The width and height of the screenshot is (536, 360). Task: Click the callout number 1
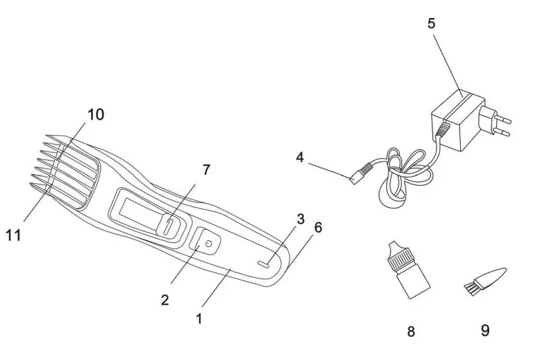coord(199,318)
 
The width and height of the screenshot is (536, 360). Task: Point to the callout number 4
coord(300,156)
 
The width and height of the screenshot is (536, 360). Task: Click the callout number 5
coord(431,23)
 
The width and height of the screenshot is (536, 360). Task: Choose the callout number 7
coord(206,170)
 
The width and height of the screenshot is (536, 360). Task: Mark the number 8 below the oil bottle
coord(411,332)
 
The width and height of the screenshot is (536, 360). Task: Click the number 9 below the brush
coord(485,330)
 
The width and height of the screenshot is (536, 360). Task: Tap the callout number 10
coord(95,115)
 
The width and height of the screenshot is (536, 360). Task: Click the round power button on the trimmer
coord(207,244)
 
